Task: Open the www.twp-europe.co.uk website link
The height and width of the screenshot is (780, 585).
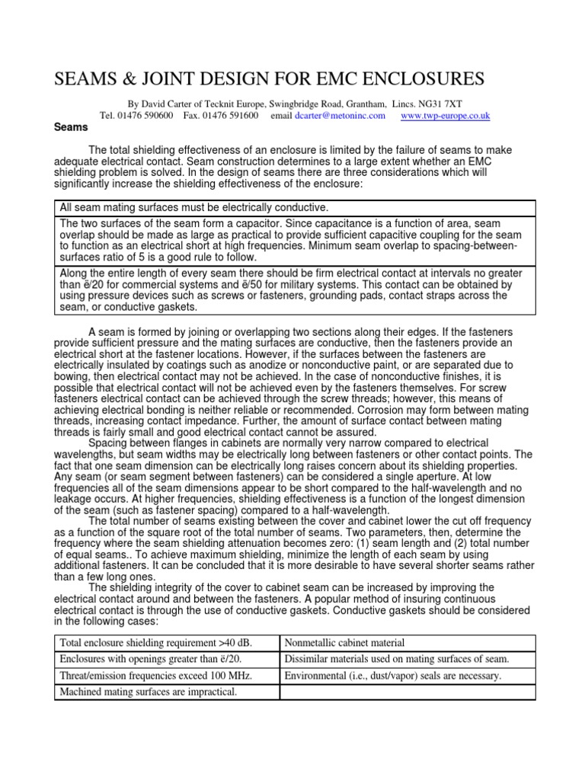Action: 445,116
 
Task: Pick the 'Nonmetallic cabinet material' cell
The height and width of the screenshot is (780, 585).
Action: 344,643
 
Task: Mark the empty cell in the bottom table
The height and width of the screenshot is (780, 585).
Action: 408,692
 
